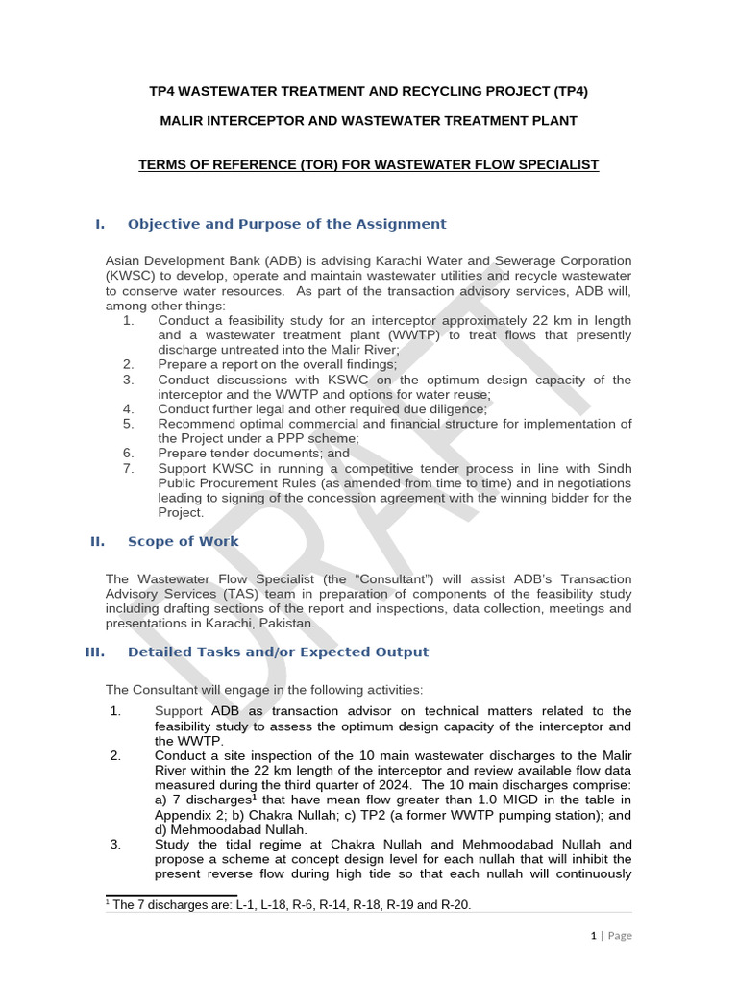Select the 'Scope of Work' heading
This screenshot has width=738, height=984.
tap(183, 541)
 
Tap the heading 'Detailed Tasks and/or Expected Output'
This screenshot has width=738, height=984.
tap(278, 652)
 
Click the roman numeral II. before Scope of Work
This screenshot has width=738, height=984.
tap(97, 541)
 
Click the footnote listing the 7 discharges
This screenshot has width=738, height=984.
tap(288, 904)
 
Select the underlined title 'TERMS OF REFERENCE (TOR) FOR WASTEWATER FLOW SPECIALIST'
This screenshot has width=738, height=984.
tap(368, 165)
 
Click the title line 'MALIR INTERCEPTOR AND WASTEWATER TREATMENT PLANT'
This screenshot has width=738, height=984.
tap(368, 120)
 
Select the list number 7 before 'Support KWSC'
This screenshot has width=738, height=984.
tap(127, 468)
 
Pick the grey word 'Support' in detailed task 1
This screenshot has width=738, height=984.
tap(179, 711)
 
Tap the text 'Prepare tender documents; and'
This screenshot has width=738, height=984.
tap(254, 453)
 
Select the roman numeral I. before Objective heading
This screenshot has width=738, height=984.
tap(99, 224)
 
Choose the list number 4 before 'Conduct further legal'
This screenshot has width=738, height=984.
tap(127, 408)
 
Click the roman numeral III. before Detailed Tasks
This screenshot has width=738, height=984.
tap(95, 652)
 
